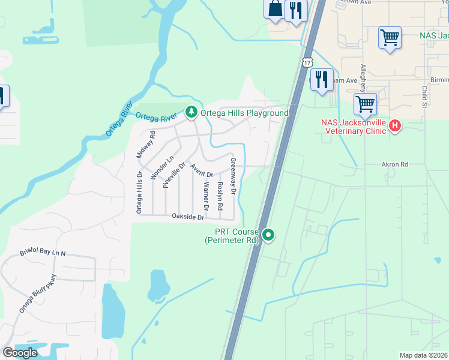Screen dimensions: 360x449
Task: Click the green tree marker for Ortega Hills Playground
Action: (191, 112)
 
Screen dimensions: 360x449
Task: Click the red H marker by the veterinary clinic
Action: (395, 126)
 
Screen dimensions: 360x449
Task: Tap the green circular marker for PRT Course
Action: (268, 235)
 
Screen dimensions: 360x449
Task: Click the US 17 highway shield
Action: (308, 62)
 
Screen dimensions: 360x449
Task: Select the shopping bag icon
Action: (275, 10)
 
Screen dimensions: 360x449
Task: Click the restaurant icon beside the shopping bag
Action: (295, 11)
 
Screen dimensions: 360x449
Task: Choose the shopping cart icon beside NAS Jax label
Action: (390, 38)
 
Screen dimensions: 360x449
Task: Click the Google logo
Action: (20, 353)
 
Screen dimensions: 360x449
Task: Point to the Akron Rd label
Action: (394, 164)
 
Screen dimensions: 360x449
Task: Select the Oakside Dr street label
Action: (188, 216)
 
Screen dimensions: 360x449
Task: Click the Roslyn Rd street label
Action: (220, 196)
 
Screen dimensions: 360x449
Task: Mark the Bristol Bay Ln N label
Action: (42, 253)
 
